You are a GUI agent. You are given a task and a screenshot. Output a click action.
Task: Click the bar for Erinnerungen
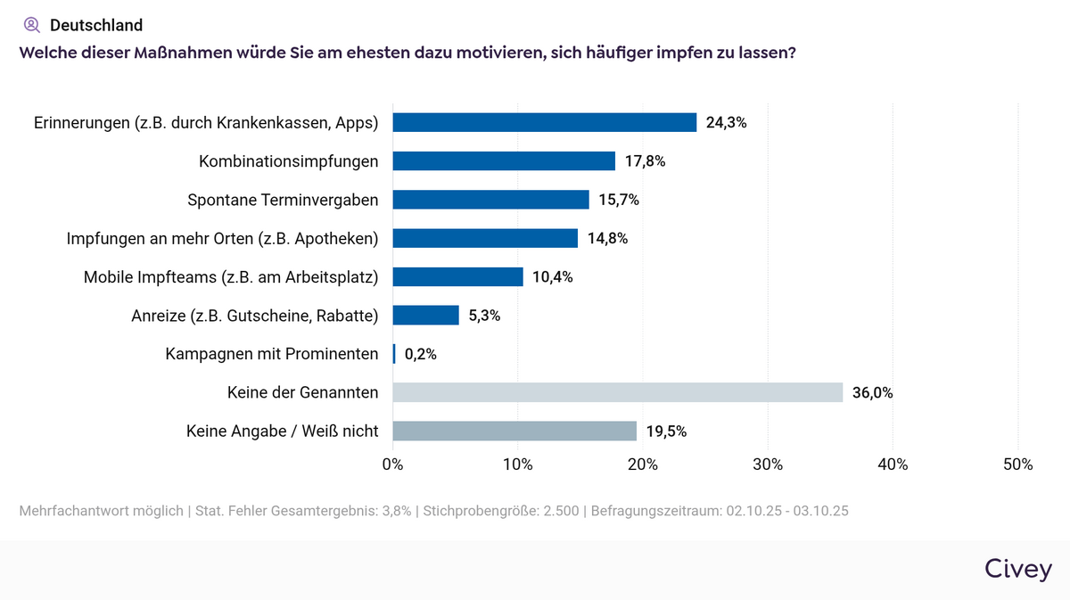tap(544, 122)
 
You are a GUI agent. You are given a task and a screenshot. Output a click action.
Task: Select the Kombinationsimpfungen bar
tap(504, 160)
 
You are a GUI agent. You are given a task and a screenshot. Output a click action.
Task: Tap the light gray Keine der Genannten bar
tap(617, 392)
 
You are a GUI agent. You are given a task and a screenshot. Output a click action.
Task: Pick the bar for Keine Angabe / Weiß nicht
tap(514, 432)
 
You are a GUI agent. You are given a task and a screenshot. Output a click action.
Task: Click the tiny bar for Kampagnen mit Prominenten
tap(394, 354)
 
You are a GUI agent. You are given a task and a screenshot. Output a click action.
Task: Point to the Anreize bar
tap(425, 315)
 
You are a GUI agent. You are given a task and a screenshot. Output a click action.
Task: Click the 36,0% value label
tap(873, 392)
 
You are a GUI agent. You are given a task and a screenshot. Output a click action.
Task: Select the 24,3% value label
tap(726, 122)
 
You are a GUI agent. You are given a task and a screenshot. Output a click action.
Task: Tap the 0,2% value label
tap(421, 354)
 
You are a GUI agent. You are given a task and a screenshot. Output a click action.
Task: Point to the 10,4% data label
tap(553, 276)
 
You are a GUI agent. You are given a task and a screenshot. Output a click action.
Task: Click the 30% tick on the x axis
tap(768, 464)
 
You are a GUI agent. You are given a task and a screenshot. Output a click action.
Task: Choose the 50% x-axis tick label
tap(1018, 464)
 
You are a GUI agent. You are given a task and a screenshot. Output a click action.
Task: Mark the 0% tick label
tap(392, 464)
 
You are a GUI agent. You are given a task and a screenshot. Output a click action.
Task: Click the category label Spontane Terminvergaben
tap(283, 200)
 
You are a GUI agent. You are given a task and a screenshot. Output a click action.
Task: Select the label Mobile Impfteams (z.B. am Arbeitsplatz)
tap(231, 276)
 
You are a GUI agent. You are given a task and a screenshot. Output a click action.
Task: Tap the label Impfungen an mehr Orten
tap(223, 238)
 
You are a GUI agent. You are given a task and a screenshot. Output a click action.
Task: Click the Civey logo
tap(1018, 570)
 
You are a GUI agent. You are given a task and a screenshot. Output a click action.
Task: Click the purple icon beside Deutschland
tap(32, 25)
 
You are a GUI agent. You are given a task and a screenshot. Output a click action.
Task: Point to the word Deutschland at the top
tap(96, 25)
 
